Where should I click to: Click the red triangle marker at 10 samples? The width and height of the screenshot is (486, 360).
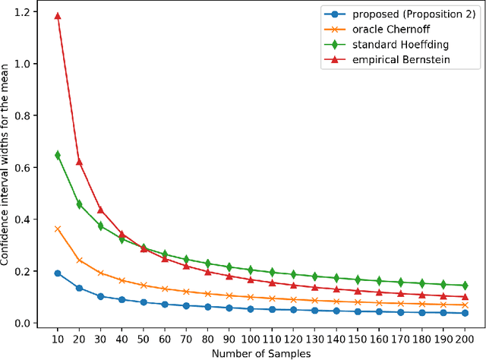pos(58,15)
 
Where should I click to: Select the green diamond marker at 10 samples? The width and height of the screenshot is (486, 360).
pos(58,155)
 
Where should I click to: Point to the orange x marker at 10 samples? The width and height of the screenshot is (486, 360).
pos(58,229)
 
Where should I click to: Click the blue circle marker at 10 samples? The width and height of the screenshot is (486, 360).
pos(58,273)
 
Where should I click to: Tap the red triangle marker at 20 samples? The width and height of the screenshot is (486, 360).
pos(80,162)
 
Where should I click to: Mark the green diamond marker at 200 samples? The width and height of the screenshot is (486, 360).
pos(465,286)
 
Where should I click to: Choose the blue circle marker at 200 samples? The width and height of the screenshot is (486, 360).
pos(465,313)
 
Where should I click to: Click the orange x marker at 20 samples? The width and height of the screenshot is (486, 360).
pos(80,261)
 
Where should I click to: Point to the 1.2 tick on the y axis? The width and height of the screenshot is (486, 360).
pos(27,12)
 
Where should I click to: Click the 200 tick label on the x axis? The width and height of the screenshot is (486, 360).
pos(465,337)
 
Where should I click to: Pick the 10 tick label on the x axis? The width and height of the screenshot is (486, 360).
pos(58,337)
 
